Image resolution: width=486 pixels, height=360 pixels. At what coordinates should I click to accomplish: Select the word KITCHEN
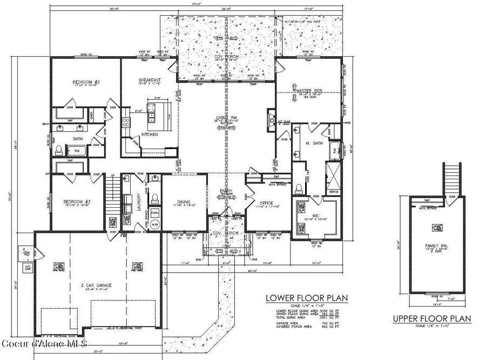pyautogui.click(x=150, y=134)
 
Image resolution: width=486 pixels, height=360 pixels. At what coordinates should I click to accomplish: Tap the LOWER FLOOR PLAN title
pyautogui.click(x=306, y=297)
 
